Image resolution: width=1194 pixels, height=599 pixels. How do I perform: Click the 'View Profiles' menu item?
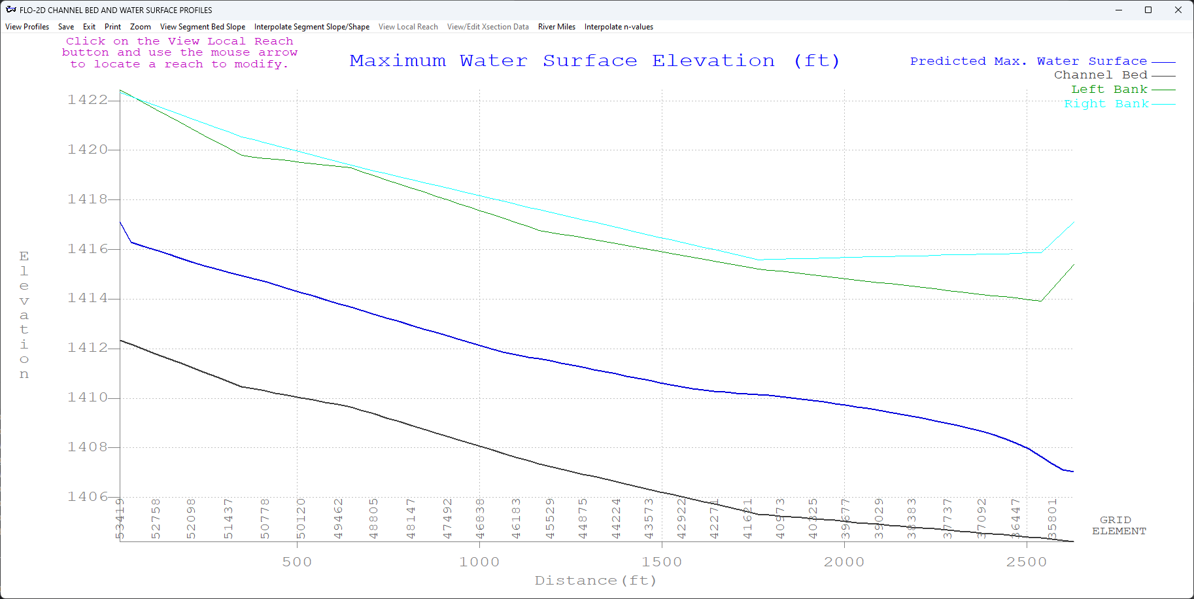[27, 27]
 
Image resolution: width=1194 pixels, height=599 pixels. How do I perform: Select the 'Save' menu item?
[66, 27]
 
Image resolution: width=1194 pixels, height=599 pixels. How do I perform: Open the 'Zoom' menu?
[140, 27]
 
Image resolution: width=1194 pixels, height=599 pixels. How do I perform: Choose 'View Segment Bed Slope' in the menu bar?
[203, 27]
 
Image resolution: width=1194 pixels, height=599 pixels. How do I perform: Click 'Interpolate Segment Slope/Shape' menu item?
[311, 27]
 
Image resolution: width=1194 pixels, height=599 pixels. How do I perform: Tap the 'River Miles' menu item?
[556, 27]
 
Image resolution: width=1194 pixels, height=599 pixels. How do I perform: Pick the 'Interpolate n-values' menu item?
[619, 27]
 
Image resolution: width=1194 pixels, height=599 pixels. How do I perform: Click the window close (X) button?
[1178, 10]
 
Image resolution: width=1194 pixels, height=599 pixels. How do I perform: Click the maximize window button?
[1148, 10]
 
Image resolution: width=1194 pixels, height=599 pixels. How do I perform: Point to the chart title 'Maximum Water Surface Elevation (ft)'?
[594, 61]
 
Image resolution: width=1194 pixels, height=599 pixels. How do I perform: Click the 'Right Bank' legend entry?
[1106, 104]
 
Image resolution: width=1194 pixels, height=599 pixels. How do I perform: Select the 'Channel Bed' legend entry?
[1100, 75]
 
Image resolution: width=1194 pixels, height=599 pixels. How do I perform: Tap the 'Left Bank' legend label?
[1109, 90]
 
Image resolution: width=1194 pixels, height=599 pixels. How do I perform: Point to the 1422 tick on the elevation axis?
[88, 100]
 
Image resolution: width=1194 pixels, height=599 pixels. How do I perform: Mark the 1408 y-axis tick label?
[88, 447]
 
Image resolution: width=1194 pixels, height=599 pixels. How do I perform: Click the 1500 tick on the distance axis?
[662, 562]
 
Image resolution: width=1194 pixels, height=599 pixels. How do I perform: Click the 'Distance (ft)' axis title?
[595, 581]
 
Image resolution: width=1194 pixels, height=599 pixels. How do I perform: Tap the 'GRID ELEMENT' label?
[1119, 526]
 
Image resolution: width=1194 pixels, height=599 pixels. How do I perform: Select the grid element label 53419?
[120, 519]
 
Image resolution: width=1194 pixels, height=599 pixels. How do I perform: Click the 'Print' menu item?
[112, 27]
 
